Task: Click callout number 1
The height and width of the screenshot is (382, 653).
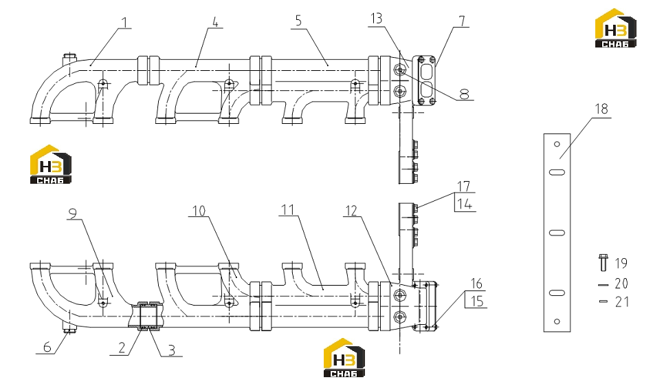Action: point(125,23)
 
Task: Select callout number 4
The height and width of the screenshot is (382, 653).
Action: point(215,22)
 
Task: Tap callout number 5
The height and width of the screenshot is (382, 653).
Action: point(298,21)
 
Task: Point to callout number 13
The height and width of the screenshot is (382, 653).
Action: point(376,19)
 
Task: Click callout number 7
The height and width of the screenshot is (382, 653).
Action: point(462,21)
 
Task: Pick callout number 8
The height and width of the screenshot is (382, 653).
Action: point(465,94)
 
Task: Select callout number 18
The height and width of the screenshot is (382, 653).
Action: point(601,109)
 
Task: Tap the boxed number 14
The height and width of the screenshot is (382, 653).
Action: point(465,204)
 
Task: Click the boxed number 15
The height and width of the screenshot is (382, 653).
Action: point(476,301)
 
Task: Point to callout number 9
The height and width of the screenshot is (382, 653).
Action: point(72,214)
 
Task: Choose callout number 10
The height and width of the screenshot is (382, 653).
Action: point(199,211)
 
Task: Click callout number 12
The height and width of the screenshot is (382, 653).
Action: point(351,211)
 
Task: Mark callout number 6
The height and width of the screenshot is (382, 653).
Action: point(47,347)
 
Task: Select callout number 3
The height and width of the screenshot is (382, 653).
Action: point(172,350)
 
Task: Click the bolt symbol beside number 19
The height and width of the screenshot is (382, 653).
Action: point(603,262)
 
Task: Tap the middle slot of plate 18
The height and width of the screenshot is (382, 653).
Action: point(557,233)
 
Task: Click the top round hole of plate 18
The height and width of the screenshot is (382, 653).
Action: point(557,145)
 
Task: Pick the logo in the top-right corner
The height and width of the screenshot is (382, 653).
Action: point(615,28)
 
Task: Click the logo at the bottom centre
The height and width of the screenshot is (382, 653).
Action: point(344,358)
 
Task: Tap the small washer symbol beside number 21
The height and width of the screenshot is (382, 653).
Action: point(604,301)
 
